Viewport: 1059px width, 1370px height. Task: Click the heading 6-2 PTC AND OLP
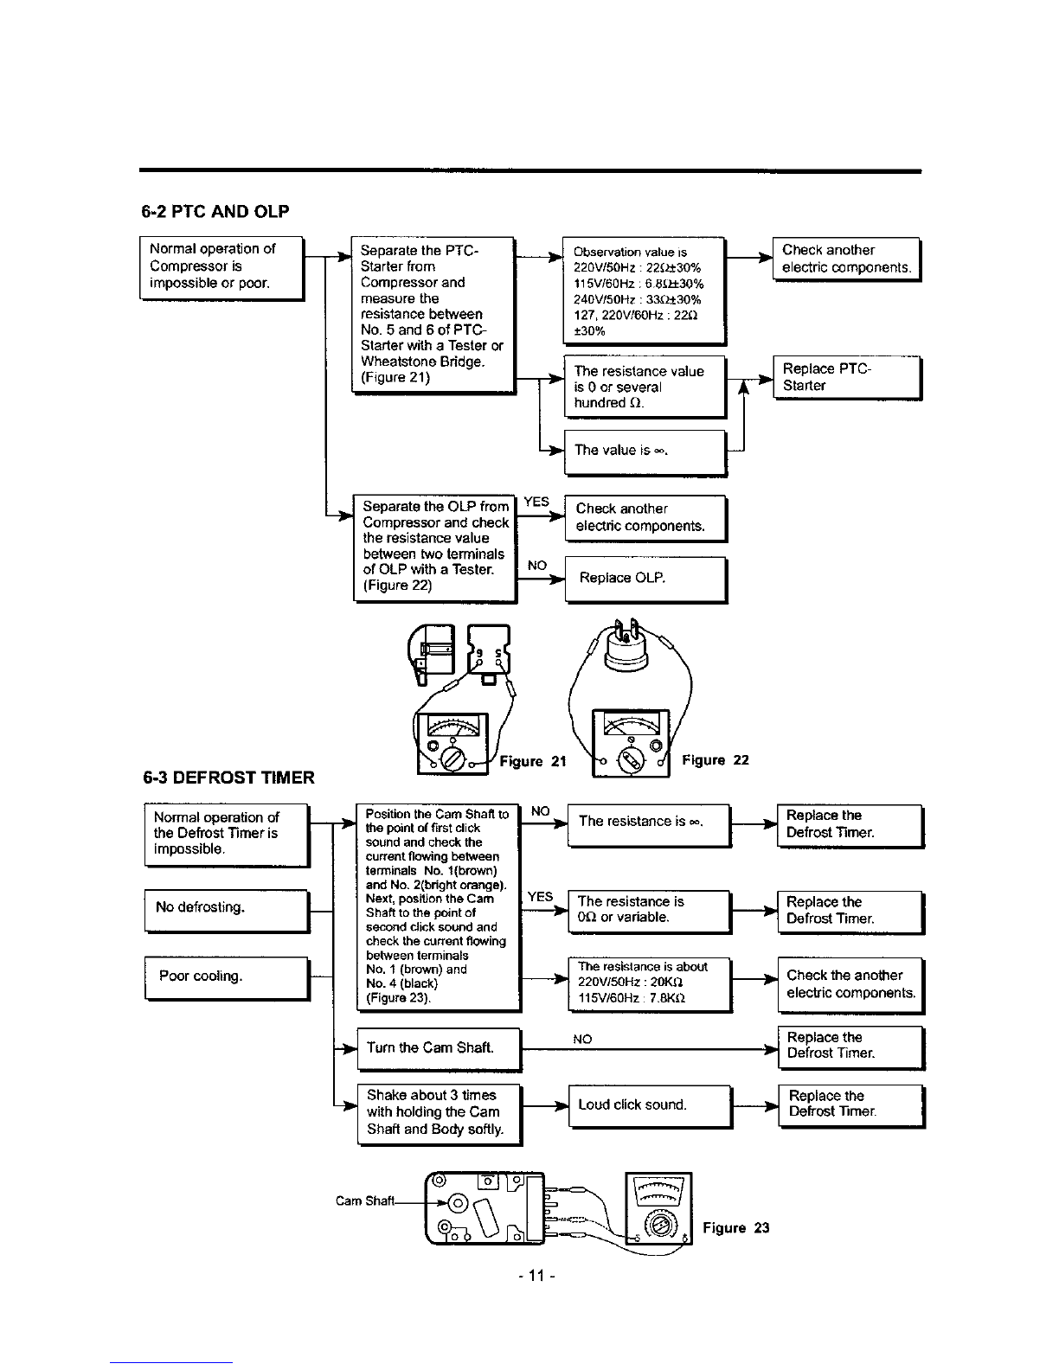(x=215, y=211)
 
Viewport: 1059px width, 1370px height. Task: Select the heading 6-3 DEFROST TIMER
(x=228, y=778)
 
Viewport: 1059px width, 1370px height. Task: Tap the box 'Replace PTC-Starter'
(x=848, y=378)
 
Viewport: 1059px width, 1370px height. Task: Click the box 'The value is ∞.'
(x=645, y=452)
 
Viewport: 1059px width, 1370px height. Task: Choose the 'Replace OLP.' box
(x=646, y=579)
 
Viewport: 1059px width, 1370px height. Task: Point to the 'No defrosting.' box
(x=227, y=911)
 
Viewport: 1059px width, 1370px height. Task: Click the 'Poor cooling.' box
(x=227, y=978)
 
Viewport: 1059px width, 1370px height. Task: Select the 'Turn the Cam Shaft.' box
(x=440, y=1050)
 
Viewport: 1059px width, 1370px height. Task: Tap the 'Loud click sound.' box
(x=651, y=1107)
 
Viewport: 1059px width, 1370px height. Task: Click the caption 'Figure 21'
(x=533, y=762)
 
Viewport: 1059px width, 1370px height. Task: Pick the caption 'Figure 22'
(x=716, y=760)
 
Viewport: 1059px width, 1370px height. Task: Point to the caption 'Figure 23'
(x=736, y=1227)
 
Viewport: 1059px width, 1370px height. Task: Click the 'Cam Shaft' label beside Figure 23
(x=365, y=1201)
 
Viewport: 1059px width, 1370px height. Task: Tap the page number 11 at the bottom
(x=536, y=1276)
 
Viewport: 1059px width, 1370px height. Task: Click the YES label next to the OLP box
(x=536, y=502)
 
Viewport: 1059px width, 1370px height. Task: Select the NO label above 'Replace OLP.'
(x=536, y=566)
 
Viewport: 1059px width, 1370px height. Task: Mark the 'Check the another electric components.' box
(x=850, y=985)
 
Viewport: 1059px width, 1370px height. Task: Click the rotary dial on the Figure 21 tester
(x=452, y=759)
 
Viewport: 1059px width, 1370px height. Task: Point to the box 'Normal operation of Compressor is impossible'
(x=222, y=268)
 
